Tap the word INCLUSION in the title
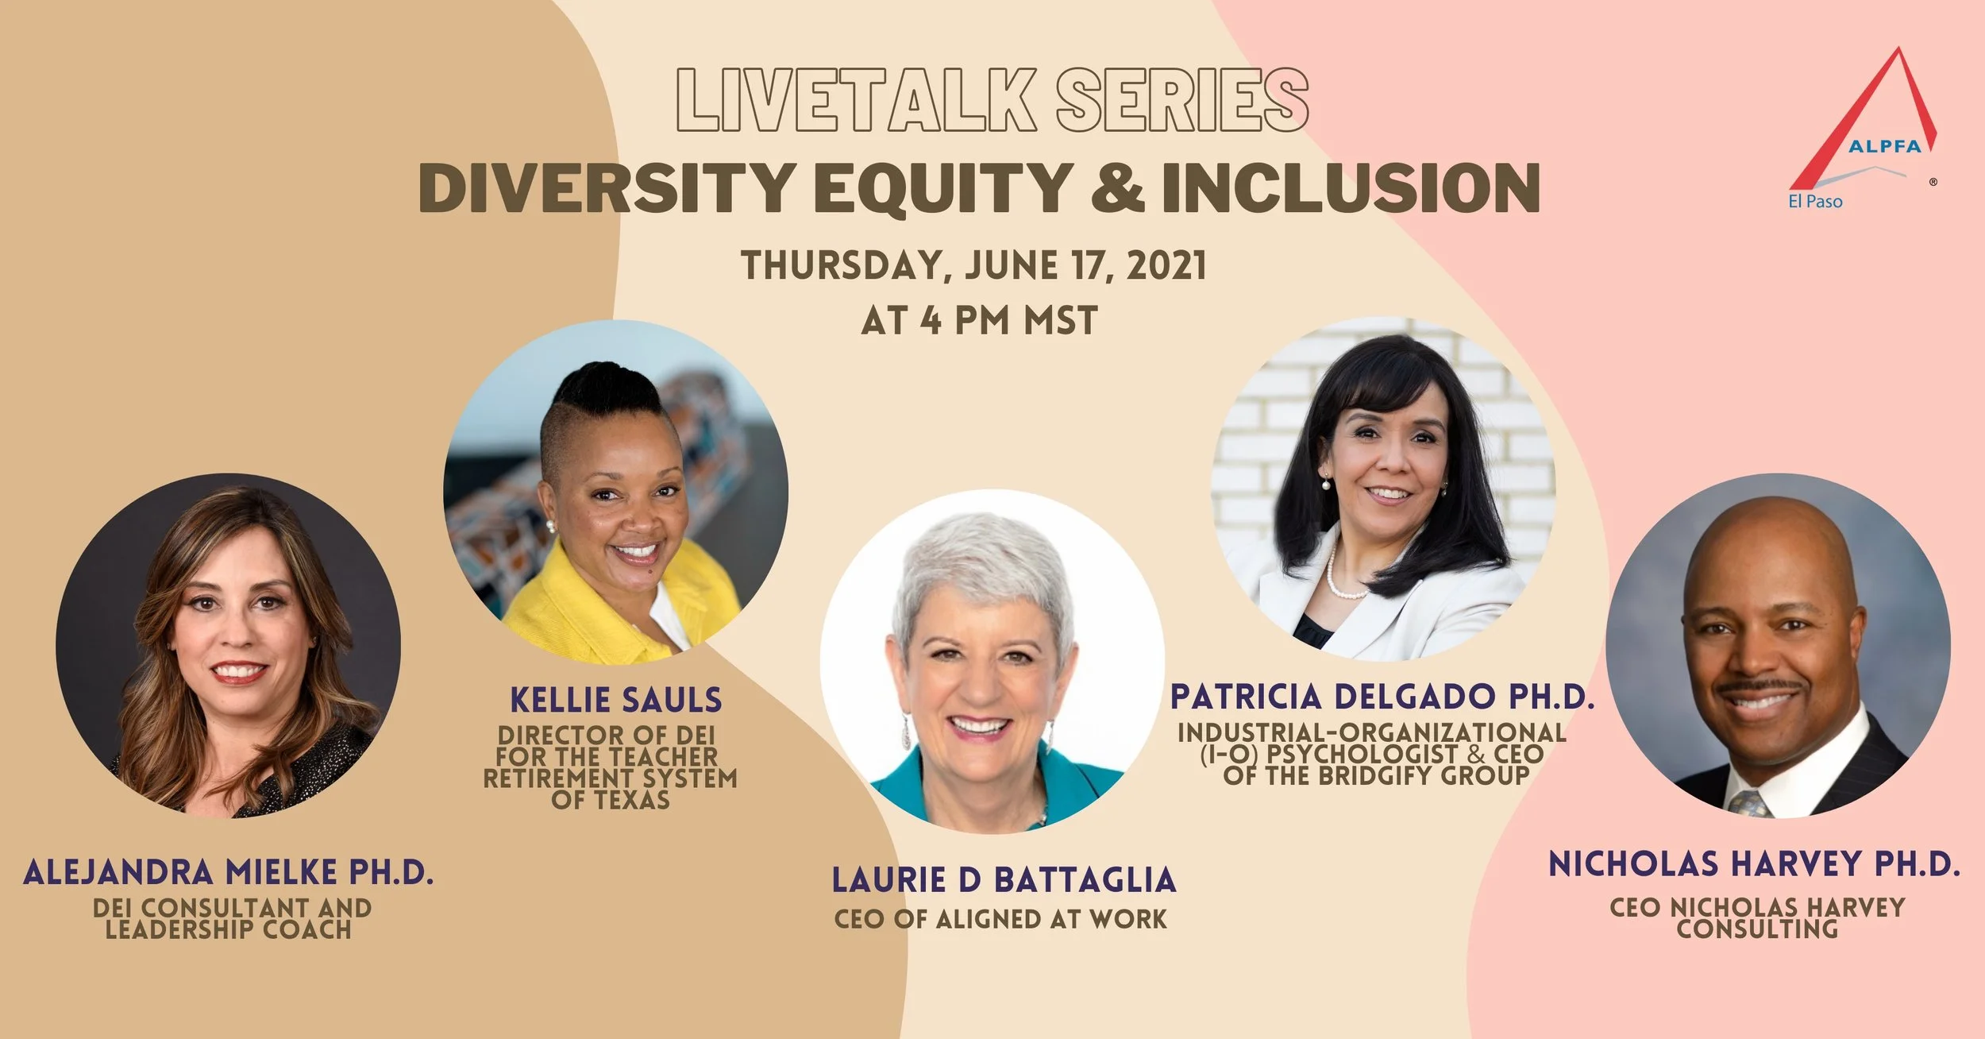1350,188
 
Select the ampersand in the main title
1116,188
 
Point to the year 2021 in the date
1166,265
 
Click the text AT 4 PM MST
979,321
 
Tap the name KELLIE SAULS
615,701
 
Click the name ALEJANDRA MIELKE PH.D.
229,872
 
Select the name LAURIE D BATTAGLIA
1004,880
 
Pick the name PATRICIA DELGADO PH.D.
1382,697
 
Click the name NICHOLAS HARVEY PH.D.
1754,865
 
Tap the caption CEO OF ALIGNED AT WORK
1000,919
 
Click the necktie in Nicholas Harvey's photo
1750,803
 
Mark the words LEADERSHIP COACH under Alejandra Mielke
229,929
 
